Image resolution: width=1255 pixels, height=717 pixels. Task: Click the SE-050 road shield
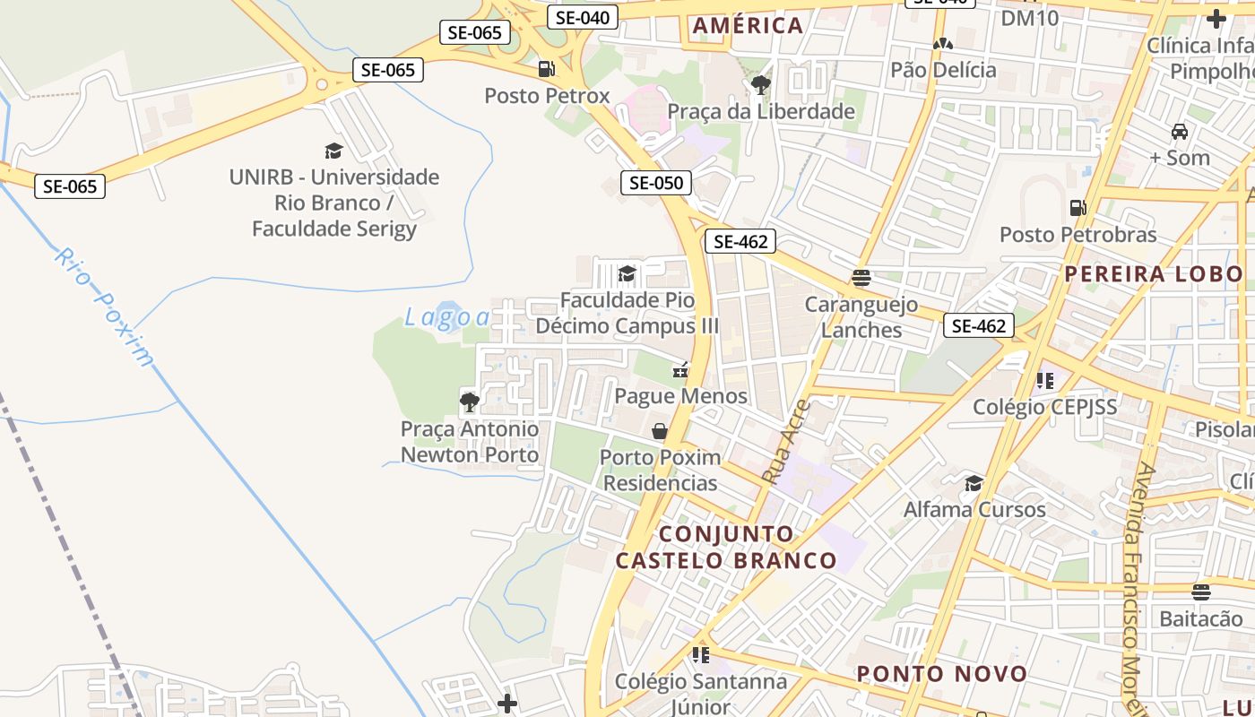[656, 183]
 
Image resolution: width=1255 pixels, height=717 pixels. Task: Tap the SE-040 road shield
[583, 17]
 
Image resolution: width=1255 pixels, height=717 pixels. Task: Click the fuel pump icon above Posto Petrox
[546, 69]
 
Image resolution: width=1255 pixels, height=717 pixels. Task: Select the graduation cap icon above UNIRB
[333, 151]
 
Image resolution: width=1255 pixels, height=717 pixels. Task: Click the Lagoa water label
[447, 317]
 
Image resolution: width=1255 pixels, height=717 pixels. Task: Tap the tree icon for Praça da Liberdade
[760, 85]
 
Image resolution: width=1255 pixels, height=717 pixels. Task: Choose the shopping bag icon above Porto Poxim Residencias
[660, 431]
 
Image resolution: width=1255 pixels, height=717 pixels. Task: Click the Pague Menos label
[680, 395]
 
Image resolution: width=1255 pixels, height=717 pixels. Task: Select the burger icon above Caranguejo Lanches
[861, 278]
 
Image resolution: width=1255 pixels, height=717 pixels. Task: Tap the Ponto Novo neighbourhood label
[941, 674]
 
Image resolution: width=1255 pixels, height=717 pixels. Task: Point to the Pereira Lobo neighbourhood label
[1154, 274]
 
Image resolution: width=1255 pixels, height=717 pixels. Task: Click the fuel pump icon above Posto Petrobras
[1078, 208]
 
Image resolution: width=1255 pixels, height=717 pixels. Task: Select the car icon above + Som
[1180, 132]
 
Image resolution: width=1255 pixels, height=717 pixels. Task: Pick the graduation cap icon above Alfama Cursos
[974, 484]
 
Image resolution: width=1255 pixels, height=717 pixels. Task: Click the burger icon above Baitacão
[1201, 592]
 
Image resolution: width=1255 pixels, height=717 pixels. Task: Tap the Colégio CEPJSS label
[1045, 407]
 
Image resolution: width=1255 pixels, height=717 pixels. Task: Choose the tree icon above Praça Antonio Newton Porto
[469, 402]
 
